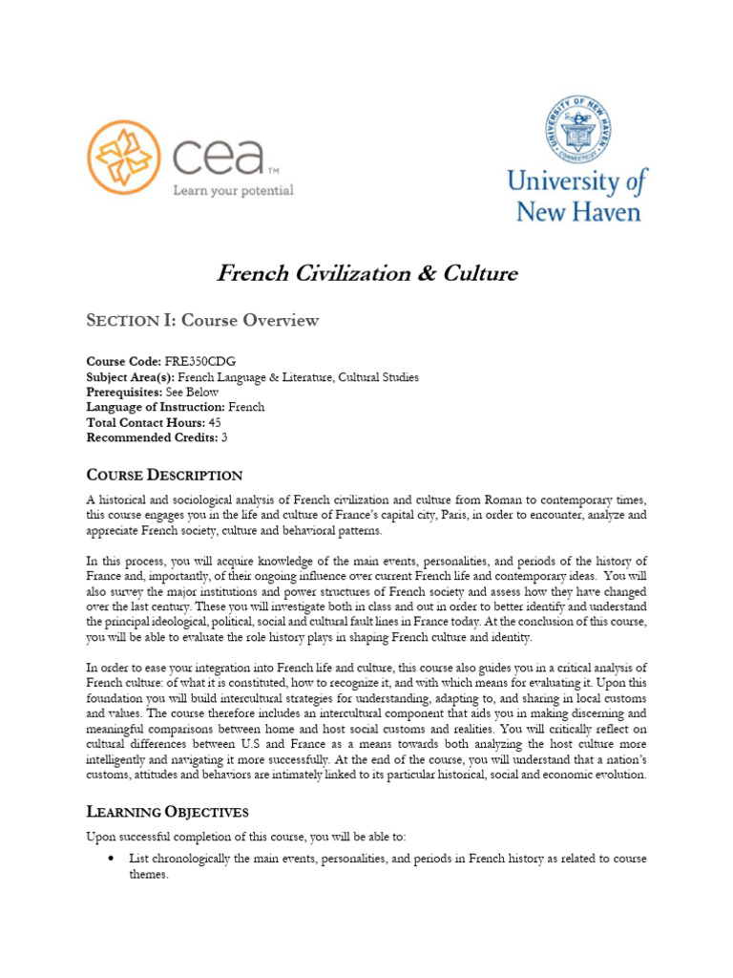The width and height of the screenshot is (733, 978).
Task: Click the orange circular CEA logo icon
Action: [125, 159]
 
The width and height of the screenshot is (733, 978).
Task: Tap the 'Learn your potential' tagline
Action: [233, 191]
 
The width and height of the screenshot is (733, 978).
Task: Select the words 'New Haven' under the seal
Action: [578, 210]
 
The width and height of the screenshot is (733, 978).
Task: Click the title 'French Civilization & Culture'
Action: [366, 274]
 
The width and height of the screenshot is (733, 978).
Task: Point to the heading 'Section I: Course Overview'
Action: [202, 321]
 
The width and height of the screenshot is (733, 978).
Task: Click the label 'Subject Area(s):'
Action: [131, 377]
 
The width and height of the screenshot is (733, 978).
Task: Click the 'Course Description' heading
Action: [164, 475]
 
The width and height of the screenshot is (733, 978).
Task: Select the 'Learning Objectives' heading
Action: [168, 812]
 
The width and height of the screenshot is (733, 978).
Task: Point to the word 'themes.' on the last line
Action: [149, 875]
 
